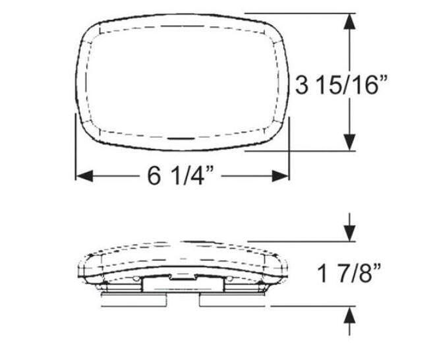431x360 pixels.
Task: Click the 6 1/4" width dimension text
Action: pyautogui.click(x=179, y=176)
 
